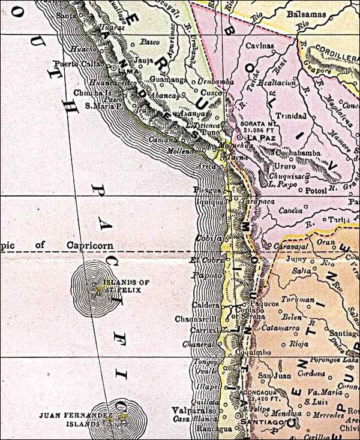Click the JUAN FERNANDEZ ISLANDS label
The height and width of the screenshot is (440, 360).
(68, 418)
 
